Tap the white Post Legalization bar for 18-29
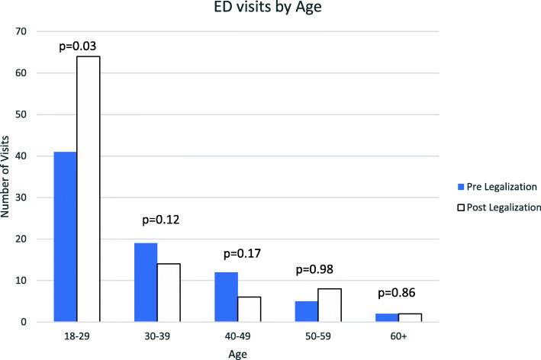coord(88,189)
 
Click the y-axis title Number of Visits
coord(7,176)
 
